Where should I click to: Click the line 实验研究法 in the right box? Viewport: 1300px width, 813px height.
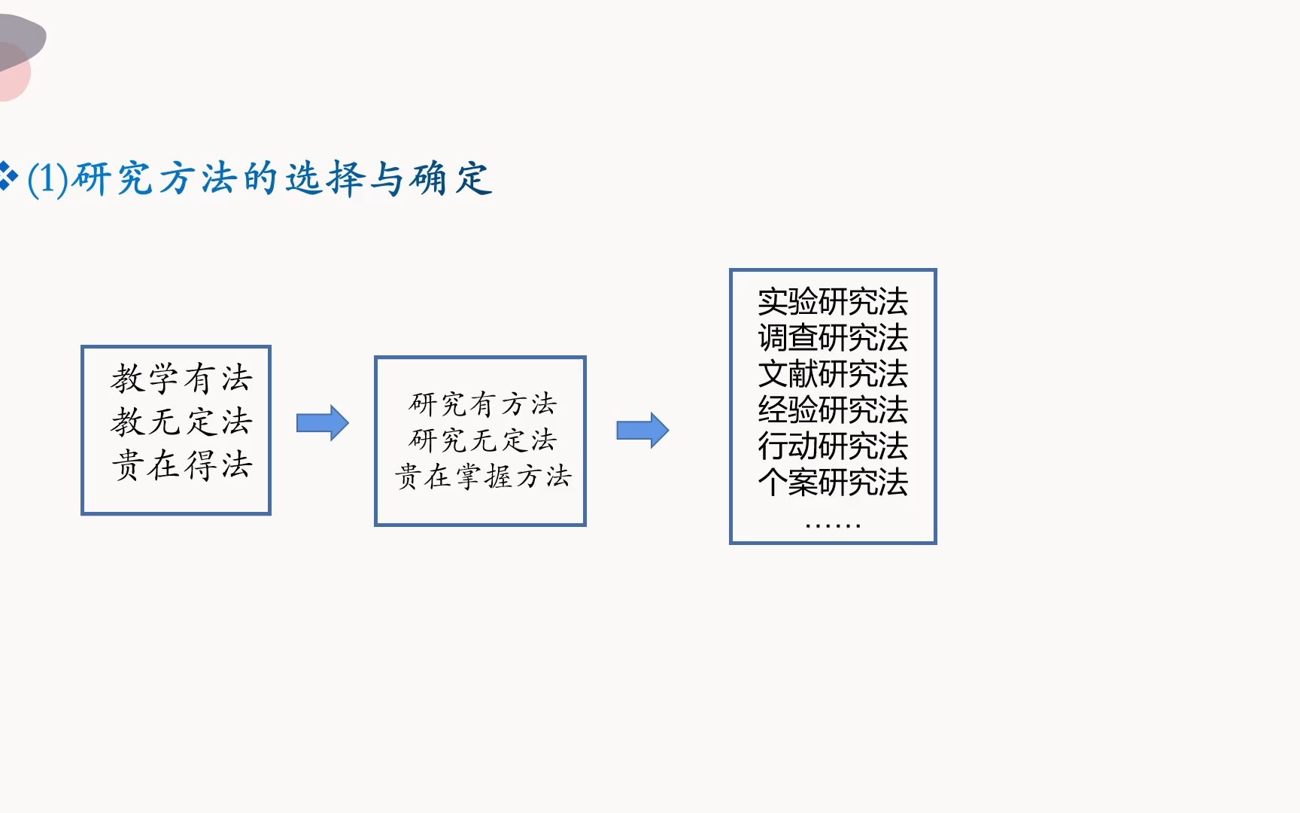pos(833,302)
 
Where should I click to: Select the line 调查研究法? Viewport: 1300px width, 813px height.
pos(833,338)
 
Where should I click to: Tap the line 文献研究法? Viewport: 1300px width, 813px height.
pos(833,374)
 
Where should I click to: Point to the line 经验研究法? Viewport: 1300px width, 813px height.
pos(833,410)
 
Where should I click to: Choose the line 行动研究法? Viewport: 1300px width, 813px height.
pos(833,446)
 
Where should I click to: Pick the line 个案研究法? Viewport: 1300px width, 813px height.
pos(833,483)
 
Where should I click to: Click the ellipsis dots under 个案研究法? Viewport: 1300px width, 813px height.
pos(833,525)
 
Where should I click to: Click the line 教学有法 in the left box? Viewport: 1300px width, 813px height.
pos(181,379)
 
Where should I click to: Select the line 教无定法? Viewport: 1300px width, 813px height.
pos(181,422)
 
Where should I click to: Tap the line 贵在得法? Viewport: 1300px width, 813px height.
pos(181,465)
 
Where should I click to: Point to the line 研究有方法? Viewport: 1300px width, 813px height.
pos(483,404)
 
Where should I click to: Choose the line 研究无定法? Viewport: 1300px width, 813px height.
pos(483,440)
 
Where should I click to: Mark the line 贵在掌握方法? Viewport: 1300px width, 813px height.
pos(483,477)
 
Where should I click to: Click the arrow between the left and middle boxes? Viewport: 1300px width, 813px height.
pos(322,423)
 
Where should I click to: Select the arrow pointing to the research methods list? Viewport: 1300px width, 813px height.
pos(642,431)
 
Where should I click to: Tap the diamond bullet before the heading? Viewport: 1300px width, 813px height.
pos(8,175)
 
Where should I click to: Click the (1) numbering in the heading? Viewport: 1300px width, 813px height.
pos(47,180)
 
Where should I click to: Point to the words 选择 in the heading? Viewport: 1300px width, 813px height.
pos(325,179)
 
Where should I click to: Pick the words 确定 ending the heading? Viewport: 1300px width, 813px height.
pos(451,179)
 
